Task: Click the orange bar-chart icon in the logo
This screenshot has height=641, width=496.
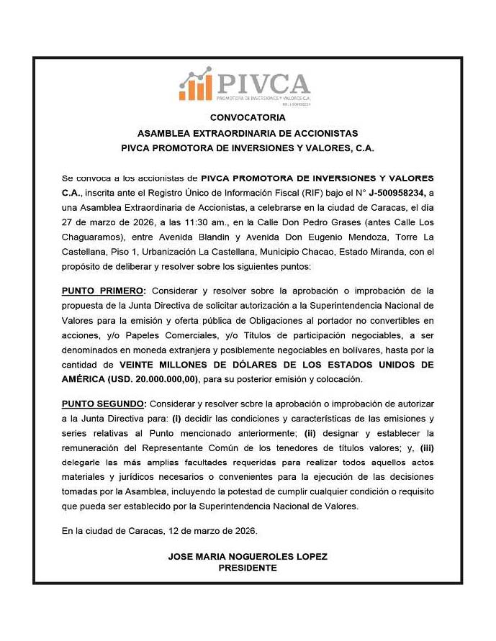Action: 195,85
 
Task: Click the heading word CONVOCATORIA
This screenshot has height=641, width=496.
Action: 248,117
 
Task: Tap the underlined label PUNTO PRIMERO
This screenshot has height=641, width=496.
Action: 103,291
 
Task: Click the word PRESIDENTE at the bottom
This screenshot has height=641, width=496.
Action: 247,568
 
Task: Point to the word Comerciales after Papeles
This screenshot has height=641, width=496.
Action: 194,335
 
